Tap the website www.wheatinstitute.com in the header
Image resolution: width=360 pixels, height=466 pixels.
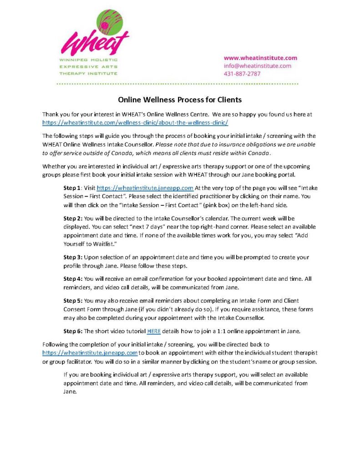[x=260, y=58]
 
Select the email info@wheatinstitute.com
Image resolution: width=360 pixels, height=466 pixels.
[x=257, y=66]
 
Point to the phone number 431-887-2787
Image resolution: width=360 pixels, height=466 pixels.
[x=242, y=73]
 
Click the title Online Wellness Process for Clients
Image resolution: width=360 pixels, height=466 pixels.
[x=180, y=99]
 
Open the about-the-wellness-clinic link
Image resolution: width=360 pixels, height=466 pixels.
[x=135, y=123]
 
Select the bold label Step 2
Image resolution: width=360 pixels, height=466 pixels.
[x=74, y=219]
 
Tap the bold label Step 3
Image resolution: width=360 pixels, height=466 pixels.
[x=74, y=257]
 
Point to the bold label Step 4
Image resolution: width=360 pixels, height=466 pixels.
[x=74, y=279]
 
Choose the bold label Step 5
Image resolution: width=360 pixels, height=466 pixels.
[x=74, y=301]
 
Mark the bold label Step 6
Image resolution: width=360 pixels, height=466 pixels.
[x=74, y=331]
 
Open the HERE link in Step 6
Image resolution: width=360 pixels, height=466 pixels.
[x=154, y=331]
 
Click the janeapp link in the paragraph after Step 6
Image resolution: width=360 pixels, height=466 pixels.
[x=90, y=353]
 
